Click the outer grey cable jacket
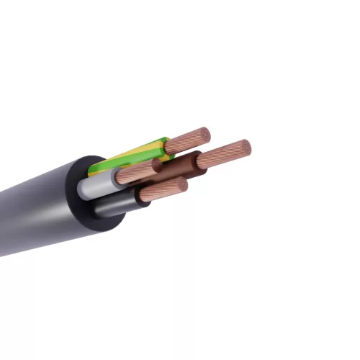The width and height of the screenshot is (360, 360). (36, 209)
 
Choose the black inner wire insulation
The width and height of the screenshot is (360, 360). (115, 204)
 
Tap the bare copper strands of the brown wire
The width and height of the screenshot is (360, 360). (223, 153)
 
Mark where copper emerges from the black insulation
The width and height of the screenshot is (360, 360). (143, 196)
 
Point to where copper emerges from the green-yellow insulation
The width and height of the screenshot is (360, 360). (168, 145)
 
